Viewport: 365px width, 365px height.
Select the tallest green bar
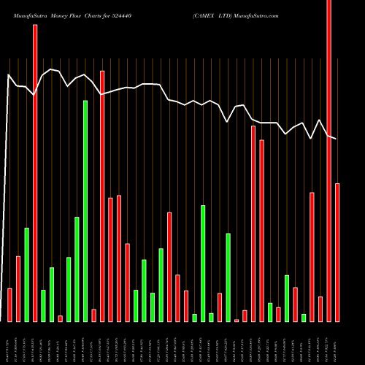[x=85, y=211]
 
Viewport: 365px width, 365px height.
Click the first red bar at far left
[x=9, y=305]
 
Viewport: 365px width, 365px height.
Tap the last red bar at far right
[x=337, y=252]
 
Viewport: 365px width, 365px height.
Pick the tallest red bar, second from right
[x=328, y=161]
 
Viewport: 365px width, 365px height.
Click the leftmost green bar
[x=26, y=274]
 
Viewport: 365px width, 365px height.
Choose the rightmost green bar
[x=304, y=318]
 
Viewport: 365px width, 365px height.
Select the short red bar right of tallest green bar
[x=93, y=315]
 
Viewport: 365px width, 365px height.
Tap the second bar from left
[x=18, y=288]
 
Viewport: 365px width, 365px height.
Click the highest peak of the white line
[x=51, y=69]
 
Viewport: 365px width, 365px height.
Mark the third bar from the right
[x=320, y=309]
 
